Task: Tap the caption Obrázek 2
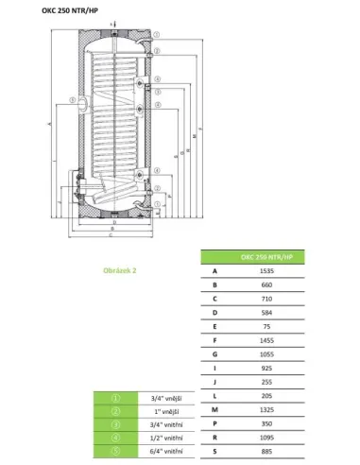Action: (x=119, y=269)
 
